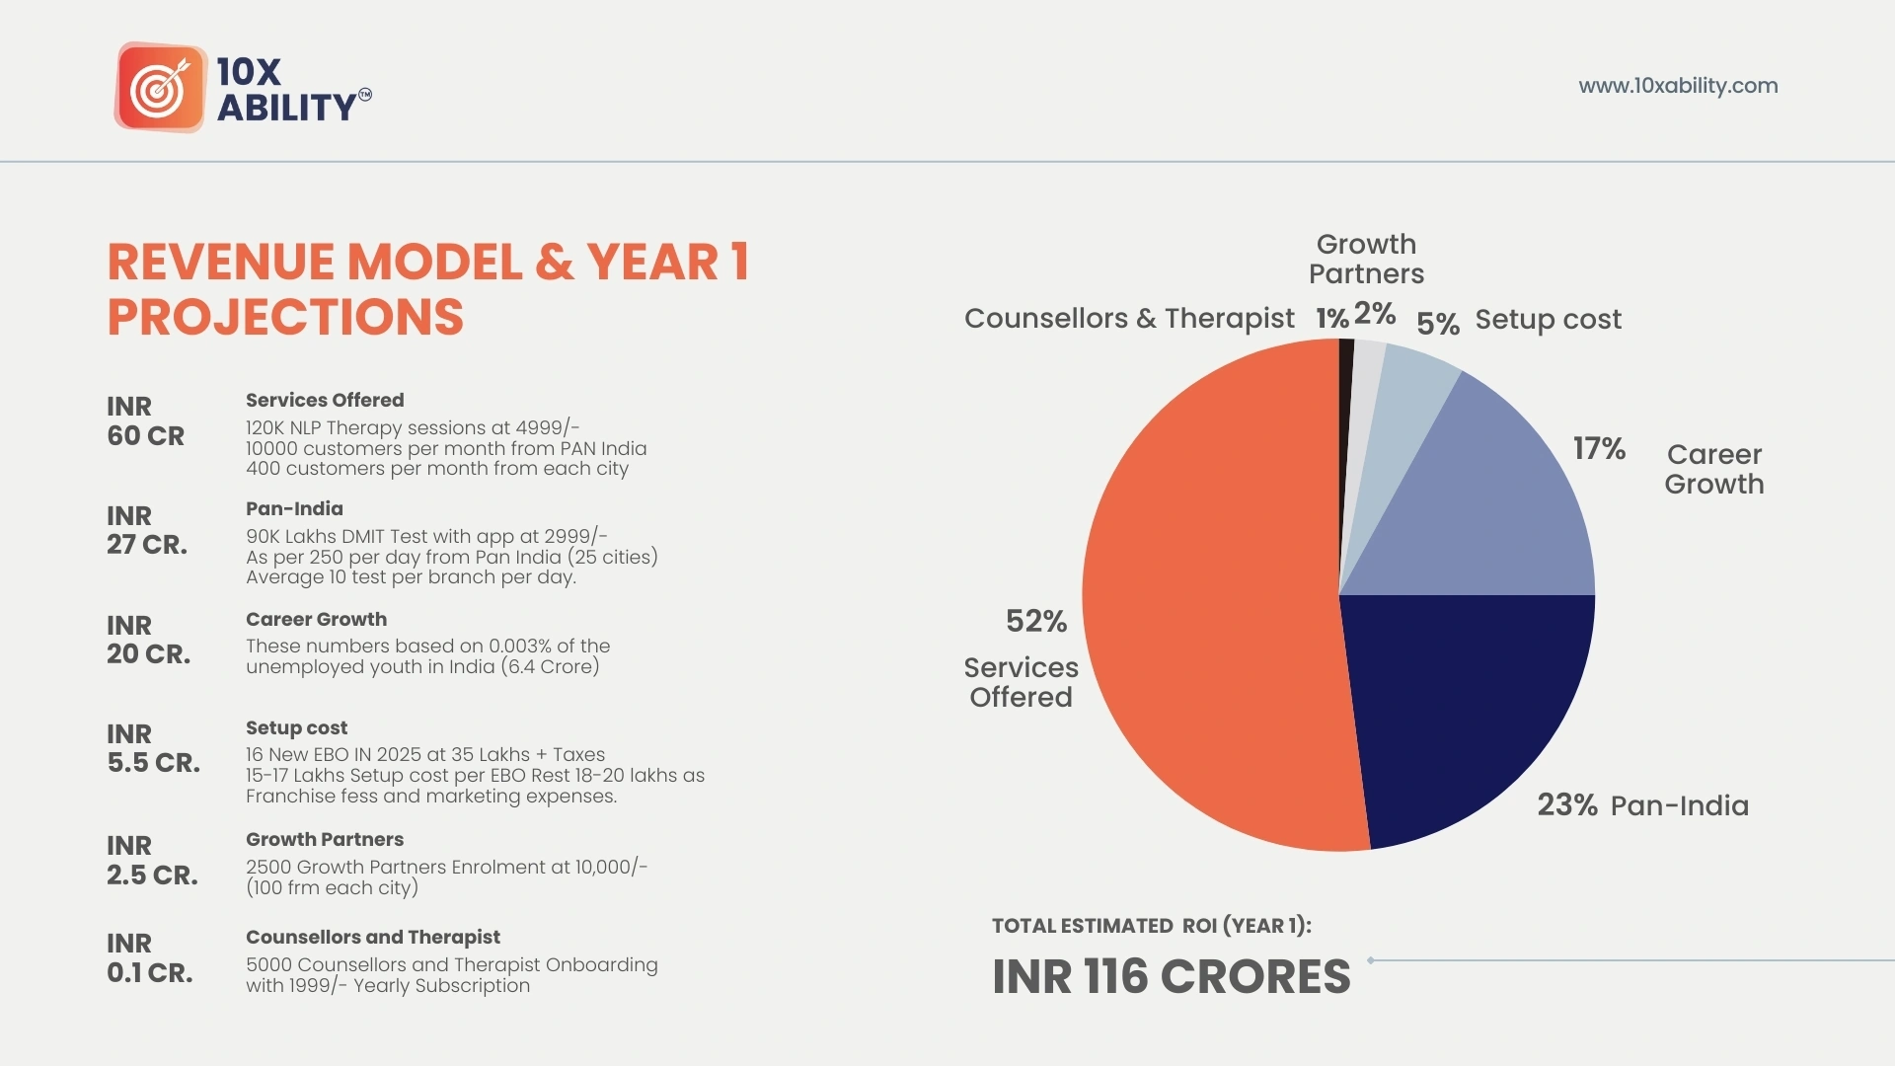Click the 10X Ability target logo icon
[x=161, y=87]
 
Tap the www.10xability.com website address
[x=1678, y=86]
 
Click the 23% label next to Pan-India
[x=1566, y=805]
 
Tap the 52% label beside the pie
[x=1035, y=621]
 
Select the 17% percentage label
[x=1599, y=449]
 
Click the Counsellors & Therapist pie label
[x=1128, y=319]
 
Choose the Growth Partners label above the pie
[x=1366, y=259]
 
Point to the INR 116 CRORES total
[x=1171, y=976]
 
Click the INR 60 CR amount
[x=145, y=421]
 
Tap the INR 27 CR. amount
[x=146, y=530]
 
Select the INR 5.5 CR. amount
[x=153, y=748]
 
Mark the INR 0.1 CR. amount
[x=149, y=957]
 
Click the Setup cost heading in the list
[x=296, y=728]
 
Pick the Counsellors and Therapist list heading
[x=372, y=938]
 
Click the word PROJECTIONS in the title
[x=285, y=317]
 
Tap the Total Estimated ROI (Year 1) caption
[x=1151, y=926]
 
